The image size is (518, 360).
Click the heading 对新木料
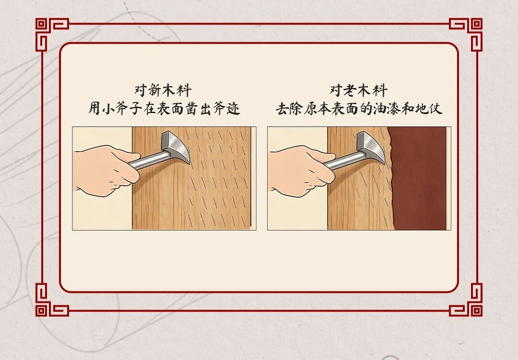[163, 90]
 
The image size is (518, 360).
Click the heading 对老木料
[358, 90]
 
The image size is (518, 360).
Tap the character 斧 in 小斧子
[121, 108]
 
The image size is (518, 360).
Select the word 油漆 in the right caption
[387, 108]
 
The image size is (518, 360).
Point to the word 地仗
[429, 108]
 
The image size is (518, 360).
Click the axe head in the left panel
[176, 146]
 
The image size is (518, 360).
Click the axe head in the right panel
[371, 146]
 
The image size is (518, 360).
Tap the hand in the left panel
[106, 170]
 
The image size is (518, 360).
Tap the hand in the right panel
[301, 170]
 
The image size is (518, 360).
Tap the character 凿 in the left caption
[191, 108]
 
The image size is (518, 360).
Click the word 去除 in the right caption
[289, 108]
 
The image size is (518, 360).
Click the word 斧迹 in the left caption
[226, 108]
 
